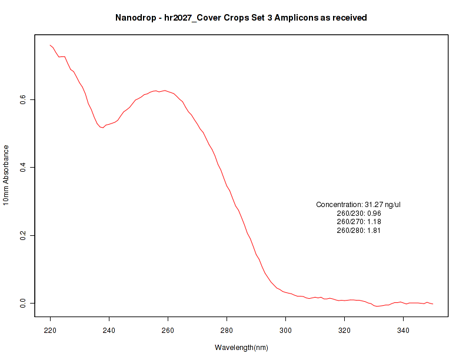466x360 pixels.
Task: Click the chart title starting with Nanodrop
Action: (x=241, y=18)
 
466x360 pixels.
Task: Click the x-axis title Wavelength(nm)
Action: (x=241, y=348)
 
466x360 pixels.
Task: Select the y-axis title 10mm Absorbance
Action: (x=6, y=175)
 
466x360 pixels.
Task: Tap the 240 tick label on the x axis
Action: (x=109, y=331)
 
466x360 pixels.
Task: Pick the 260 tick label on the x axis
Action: (x=168, y=331)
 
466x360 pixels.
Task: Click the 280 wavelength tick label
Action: (x=227, y=331)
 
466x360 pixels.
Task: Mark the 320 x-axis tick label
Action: (x=344, y=331)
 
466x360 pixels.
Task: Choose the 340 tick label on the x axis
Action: (x=403, y=331)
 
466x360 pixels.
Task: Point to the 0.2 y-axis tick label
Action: (x=24, y=235)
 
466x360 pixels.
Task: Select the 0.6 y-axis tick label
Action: (x=24, y=100)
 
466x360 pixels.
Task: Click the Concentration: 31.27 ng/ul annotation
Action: (x=358, y=205)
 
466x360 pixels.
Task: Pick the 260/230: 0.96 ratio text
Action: (x=359, y=213)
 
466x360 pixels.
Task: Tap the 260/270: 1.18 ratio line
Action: (x=359, y=222)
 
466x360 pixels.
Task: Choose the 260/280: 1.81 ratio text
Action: (x=359, y=231)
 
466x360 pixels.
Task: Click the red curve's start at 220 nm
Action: (x=51, y=45)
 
